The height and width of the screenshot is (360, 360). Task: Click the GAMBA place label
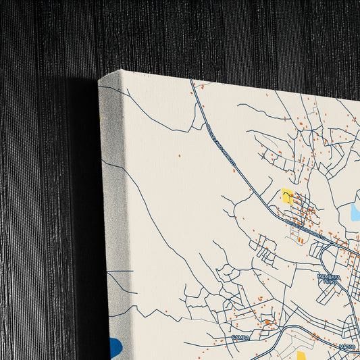pos(240,337)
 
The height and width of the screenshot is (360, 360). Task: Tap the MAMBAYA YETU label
pos(328,279)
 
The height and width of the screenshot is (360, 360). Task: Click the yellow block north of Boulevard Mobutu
pos(288,197)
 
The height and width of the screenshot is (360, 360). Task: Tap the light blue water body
pos(355,212)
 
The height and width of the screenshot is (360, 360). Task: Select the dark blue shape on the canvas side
pos(116,347)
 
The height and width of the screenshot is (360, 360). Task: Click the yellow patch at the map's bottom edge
pos(302,355)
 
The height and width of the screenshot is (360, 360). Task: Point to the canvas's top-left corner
pos(99,80)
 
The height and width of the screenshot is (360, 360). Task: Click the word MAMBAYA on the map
pos(328,276)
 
